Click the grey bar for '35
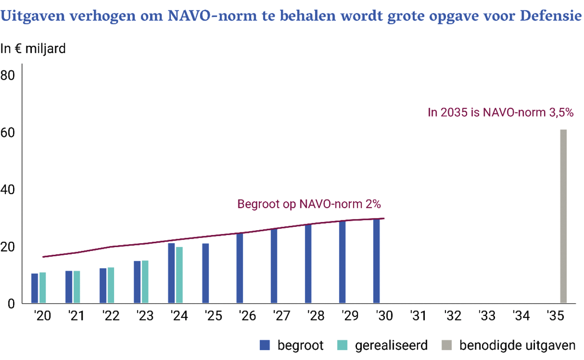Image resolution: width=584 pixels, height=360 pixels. (x=563, y=216)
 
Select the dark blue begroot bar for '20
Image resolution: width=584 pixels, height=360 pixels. (x=35, y=288)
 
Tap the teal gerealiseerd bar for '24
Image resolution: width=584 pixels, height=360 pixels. (x=179, y=275)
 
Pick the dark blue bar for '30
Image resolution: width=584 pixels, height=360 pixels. (x=376, y=261)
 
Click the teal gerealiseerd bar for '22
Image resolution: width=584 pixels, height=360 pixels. (x=111, y=285)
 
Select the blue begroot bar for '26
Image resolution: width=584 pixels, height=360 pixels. (x=240, y=268)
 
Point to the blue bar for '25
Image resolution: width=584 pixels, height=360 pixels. (x=205, y=273)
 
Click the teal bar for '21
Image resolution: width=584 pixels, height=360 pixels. (x=77, y=287)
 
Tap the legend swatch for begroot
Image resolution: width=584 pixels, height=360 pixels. (x=265, y=345)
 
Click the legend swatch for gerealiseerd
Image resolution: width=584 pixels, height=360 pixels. (x=342, y=345)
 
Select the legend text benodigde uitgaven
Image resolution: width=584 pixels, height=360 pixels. (x=517, y=345)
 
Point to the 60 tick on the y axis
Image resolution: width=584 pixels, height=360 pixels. (x=9, y=133)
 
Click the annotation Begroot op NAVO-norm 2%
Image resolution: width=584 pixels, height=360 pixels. (x=309, y=204)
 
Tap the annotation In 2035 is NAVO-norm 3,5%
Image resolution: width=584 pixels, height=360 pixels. (x=500, y=112)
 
